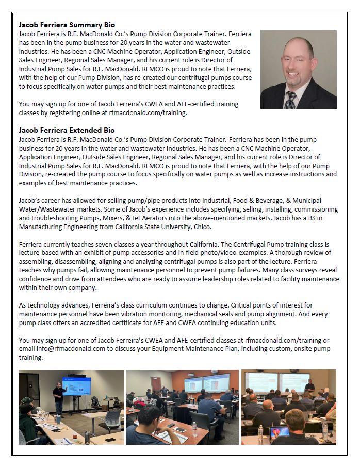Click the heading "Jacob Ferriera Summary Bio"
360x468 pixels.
(x=67, y=24)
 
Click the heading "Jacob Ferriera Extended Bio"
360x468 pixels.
(x=67, y=130)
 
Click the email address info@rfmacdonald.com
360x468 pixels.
(x=62, y=348)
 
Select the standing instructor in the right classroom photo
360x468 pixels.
(x=309, y=388)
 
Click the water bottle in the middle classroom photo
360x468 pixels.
(x=194, y=429)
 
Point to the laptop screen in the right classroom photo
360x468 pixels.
(x=277, y=433)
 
